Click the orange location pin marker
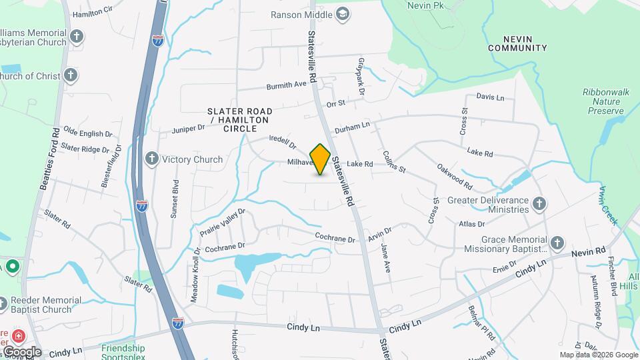coord(321,159)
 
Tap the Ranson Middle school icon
coord(343,14)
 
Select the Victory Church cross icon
coord(152,159)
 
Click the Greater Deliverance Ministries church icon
coord(539,204)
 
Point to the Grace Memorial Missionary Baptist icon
coord(557,243)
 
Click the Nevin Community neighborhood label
coord(517,43)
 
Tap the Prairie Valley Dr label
coord(223,223)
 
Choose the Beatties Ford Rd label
coord(51,159)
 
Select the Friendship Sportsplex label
coord(123,351)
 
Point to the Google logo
coord(22,352)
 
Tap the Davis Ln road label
coord(490,97)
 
